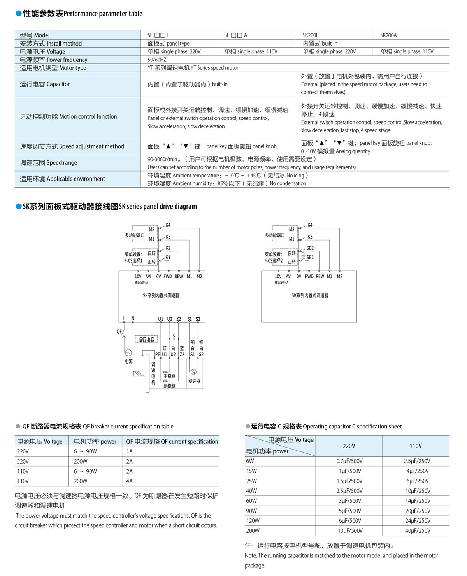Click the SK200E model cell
pyautogui.click(x=311, y=35)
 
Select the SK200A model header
pyautogui.click(x=388, y=35)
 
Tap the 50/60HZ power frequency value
pyautogui.click(x=157, y=60)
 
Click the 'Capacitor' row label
pyautogui.click(x=45, y=84)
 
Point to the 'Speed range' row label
pyautogui.click(x=48, y=163)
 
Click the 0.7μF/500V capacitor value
pyautogui.click(x=349, y=461)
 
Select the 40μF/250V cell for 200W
pyautogui.click(x=417, y=530)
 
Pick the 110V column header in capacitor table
pyautogui.click(x=415, y=446)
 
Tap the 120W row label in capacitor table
pyautogui.click(x=253, y=521)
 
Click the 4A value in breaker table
pyautogui.click(x=129, y=481)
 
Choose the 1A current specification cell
pyautogui.click(x=129, y=451)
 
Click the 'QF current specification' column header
pyautogui.click(x=172, y=441)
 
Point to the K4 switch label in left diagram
pyautogui.click(x=168, y=225)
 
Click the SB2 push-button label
pyautogui.click(x=310, y=248)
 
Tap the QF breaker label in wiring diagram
pyautogui.click(x=119, y=332)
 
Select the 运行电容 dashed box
pyautogui.click(x=146, y=339)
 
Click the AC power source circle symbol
pyautogui.click(x=128, y=353)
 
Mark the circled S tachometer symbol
pyautogui.click(x=193, y=372)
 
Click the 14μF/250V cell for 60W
pyautogui.click(x=417, y=501)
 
